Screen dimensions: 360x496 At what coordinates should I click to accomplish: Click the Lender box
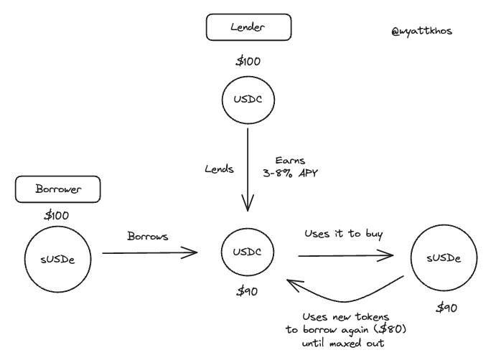point(248,28)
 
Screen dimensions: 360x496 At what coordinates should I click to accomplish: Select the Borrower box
point(57,190)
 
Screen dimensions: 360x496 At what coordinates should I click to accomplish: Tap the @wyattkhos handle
point(422,31)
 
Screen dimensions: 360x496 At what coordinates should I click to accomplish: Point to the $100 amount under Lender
point(248,62)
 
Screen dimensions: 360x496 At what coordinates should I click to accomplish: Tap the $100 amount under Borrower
point(57,216)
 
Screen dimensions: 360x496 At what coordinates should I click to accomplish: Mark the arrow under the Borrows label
point(149,252)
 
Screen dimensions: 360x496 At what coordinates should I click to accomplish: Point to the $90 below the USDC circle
point(248,290)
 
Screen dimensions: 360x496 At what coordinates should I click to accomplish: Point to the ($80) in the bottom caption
point(388,331)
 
